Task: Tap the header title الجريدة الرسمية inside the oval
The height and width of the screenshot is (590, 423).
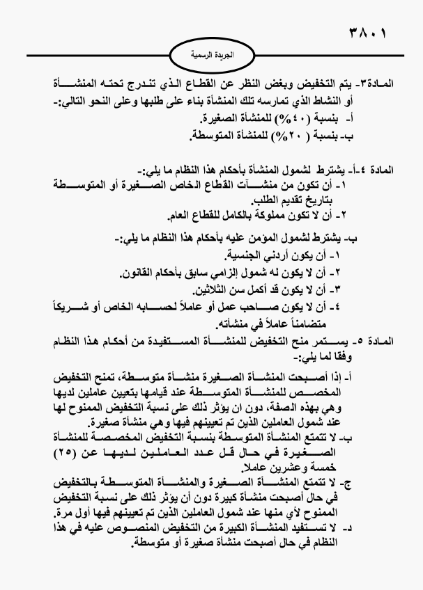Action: [212, 54]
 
